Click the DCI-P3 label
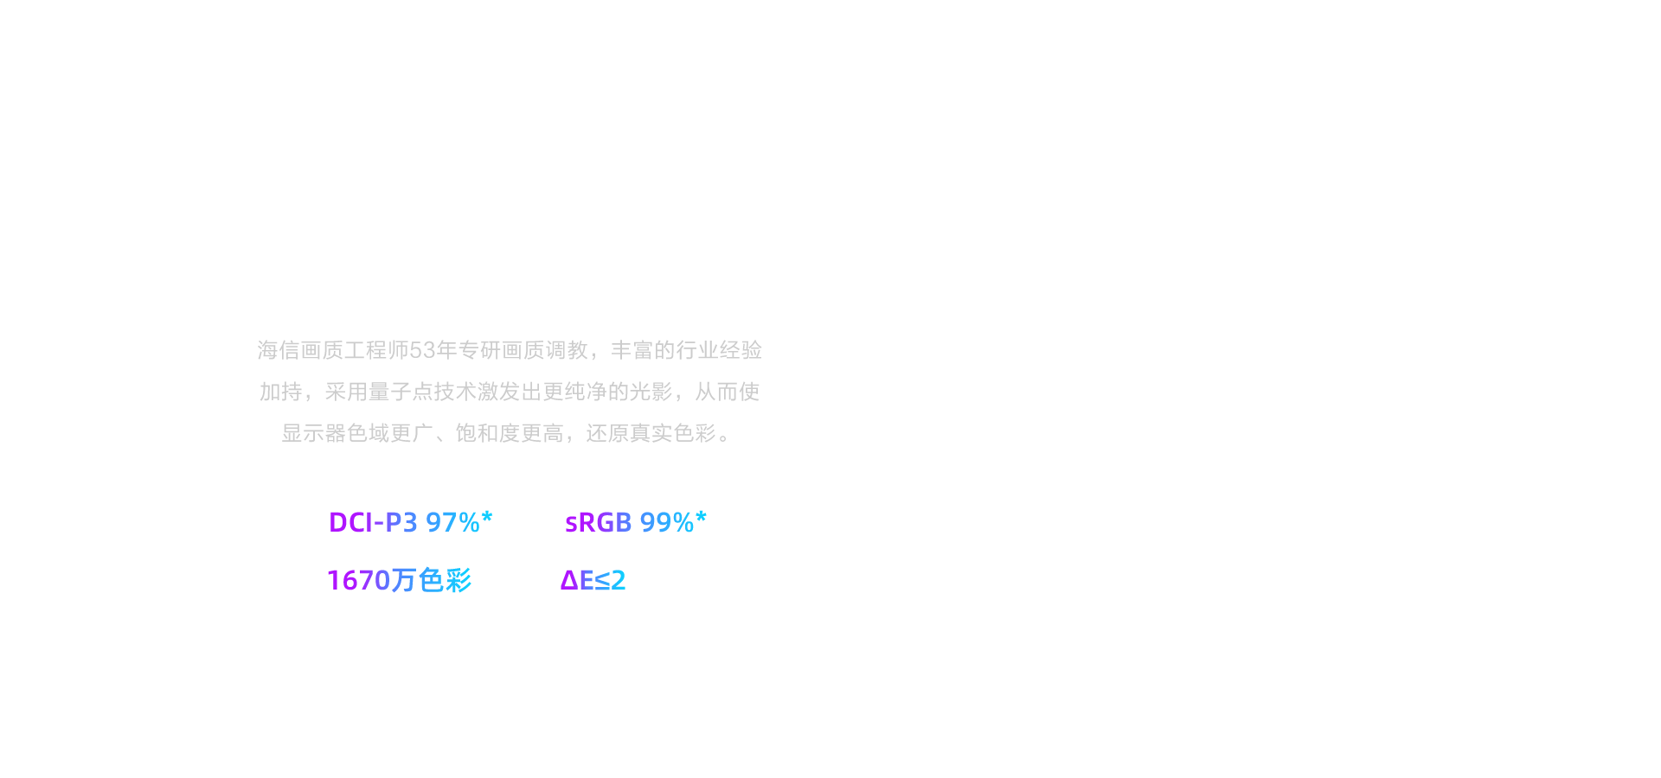[373, 522]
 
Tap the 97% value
[452, 522]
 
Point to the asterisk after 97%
[487, 517]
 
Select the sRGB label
[598, 522]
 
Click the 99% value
[667, 522]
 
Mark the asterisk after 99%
[702, 517]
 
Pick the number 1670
[359, 580]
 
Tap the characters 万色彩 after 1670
[432, 580]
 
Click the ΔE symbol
[577, 580]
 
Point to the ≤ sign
[602, 580]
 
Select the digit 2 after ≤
[619, 580]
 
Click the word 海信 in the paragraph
[279, 350]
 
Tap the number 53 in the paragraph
[422, 350]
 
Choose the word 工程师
[376, 350]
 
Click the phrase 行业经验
[720, 350]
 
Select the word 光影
[651, 392]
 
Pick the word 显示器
[314, 433]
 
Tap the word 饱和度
[488, 433]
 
